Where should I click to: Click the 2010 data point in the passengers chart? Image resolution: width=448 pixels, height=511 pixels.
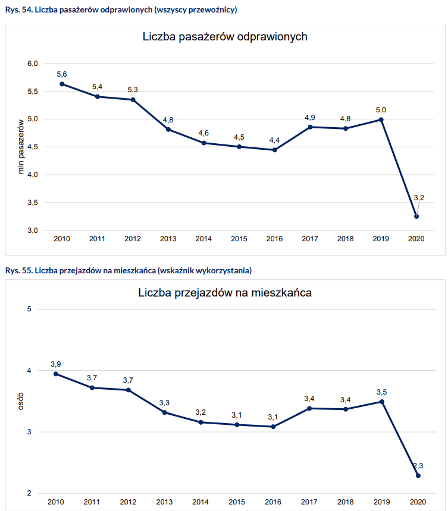(62, 84)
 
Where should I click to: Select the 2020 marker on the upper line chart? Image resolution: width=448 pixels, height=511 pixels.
(416, 216)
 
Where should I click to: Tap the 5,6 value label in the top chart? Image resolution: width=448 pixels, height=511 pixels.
(62, 74)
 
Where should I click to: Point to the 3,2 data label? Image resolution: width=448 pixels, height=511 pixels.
(419, 197)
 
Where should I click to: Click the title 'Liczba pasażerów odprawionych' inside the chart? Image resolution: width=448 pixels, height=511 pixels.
(225, 37)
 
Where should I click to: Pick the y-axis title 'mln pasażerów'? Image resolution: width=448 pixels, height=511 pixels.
(21, 146)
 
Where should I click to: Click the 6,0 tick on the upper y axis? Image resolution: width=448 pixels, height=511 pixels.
(32, 64)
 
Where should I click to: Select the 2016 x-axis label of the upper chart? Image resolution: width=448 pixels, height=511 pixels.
(274, 239)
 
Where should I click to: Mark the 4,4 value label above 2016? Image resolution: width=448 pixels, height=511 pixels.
(275, 140)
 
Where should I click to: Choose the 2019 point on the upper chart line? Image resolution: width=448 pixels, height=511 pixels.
(381, 119)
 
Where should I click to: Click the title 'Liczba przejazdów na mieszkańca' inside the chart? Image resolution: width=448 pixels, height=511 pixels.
(225, 293)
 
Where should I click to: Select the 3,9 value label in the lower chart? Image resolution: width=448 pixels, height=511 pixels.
(56, 364)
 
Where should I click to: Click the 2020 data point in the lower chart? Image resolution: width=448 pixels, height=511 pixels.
(418, 475)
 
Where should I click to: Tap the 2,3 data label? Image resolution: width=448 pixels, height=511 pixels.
(418, 465)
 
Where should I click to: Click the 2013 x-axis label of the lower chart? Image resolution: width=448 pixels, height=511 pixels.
(164, 503)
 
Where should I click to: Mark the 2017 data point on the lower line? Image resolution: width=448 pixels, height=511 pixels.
(309, 408)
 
